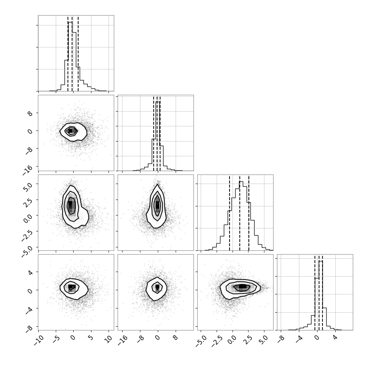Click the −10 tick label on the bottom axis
(x=39, y=340)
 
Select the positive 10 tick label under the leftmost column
(x=109, y=340)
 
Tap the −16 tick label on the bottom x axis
(x=123, y=340)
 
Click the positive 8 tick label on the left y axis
(x=30, y=114)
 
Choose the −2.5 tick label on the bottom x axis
(x=216, y=341)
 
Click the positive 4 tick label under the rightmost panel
(x=335, y=338)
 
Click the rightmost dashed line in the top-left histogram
(x=78, y=53)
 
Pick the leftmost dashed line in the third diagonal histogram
(x=230, y=213)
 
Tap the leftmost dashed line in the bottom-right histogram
(x=315, y=293)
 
